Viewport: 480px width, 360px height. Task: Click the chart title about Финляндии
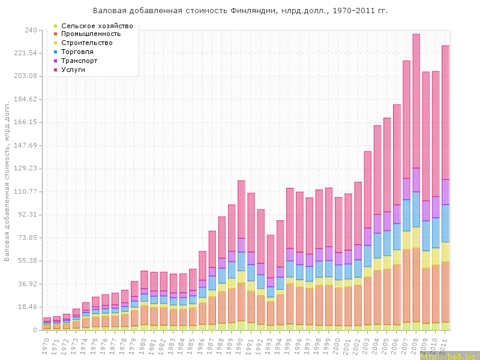point(240,11)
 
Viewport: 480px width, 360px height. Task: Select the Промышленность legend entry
point(91,34)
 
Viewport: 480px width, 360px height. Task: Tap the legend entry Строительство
point(87,43)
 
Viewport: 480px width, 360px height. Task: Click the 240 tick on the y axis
point(31,30)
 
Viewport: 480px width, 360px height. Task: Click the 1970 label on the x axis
point(46,343)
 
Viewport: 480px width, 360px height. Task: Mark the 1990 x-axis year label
point(241,343)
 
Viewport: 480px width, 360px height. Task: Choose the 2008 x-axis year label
point(416,343)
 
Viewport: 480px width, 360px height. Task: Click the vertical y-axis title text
point(7,180)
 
